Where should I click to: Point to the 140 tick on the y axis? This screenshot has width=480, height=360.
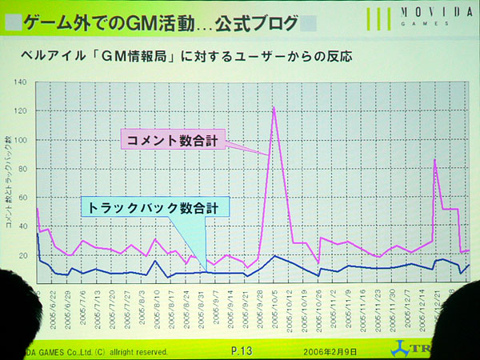[x=22, y=82]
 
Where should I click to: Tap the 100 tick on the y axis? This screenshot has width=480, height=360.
[x=22, y=140]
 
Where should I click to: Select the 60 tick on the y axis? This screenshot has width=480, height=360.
[x=22, y=198]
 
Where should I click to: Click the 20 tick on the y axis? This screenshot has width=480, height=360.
[x=22, y=255]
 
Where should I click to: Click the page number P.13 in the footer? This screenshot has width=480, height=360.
[x=242, y=351]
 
